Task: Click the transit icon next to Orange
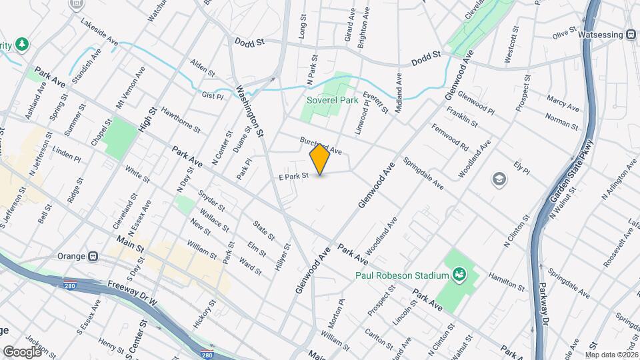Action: [93, 255]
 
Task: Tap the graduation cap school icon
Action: [499, 179]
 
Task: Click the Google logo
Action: [22, 351]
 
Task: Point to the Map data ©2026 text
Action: [611, 355]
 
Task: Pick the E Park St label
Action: [294, 177]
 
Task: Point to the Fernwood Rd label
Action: [450, 137]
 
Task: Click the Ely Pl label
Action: [521, 167]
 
